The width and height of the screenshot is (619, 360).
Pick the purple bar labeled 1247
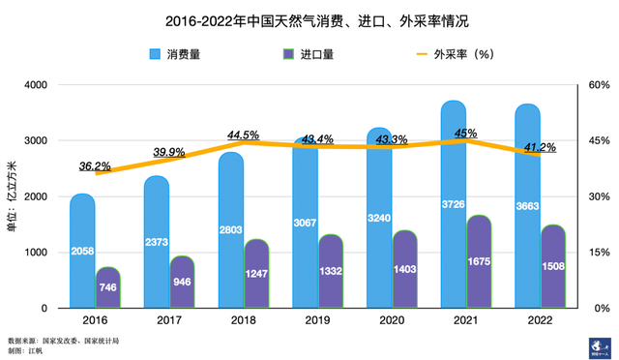[256, 273]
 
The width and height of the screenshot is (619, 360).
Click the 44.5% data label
[243, 135]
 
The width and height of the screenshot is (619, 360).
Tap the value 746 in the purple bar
[107, 287]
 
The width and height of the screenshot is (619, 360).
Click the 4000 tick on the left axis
[35, 85]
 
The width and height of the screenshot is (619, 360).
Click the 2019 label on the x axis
[318, 320]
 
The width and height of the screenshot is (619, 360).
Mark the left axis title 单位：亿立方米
[13, 196]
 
